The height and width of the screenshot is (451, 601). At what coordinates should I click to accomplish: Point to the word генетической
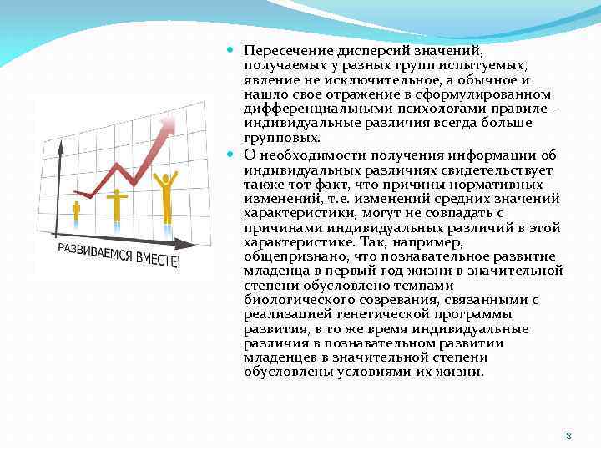point(375,314)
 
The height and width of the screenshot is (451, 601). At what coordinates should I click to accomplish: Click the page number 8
point(568,437)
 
